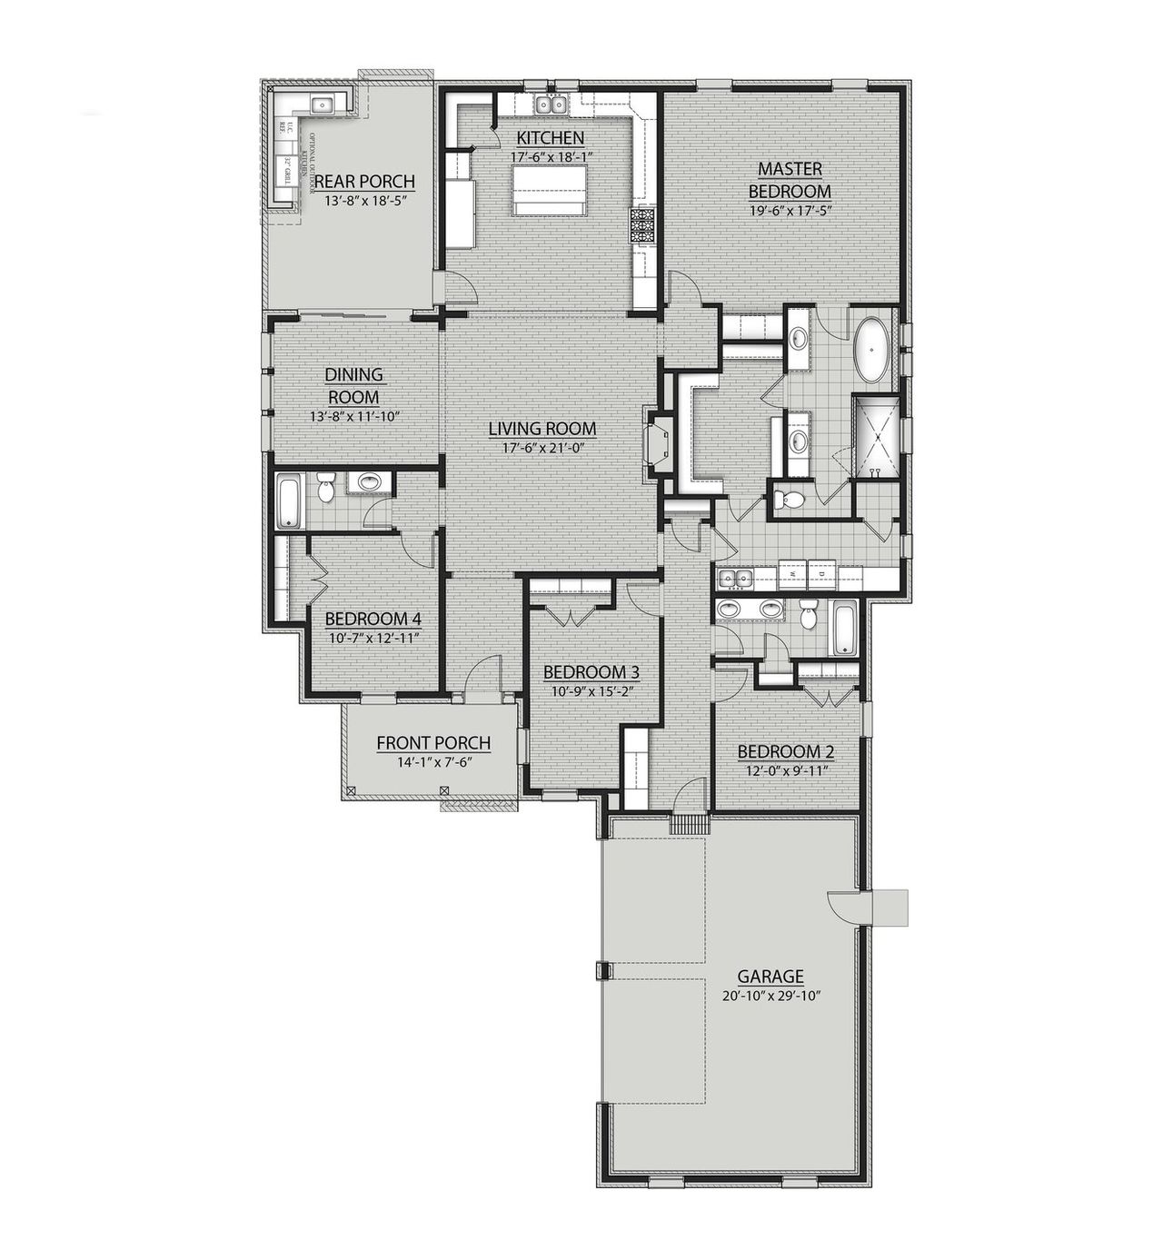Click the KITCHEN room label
pyautogui.click(x=550, y=138)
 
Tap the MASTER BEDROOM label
pyautogui.click(x=789, y=180)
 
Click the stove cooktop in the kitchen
pyautogui.click(x=643, y=225)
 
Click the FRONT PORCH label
pyautogui.click(x=433, y=743)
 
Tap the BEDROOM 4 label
pyautogui.click(x=373, y=619)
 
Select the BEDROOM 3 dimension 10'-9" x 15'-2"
pyautogui.click(x=591, y=690)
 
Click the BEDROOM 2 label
pyautogui.click(x=785, y=752)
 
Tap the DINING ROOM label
pyautogui.click(x=354, y=386)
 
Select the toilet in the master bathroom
pyautogui.click(x=790, y=499)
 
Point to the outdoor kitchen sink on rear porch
pyautogui.click(x=323, y=104)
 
